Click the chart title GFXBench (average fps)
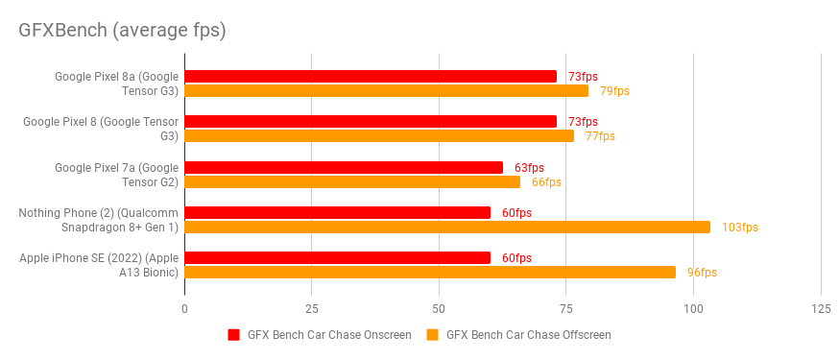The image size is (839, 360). pos(122,30)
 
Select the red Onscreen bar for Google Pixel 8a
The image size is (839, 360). pos(371,76)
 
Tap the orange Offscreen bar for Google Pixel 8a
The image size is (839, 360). pos(386,91)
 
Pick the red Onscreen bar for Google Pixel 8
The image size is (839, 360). pos(371,121)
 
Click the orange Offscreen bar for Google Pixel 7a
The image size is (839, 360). pos(352,181)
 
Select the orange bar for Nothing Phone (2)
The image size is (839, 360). pos(447,227)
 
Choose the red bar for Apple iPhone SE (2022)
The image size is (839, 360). pos(337,257)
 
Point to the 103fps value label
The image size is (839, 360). pos(739,228)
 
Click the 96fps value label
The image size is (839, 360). pos(702,273)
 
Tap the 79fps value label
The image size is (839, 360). pos(614,91)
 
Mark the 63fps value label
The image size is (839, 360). pos(529,167)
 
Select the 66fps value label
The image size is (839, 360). pos(546,182)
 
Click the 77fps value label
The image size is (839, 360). pos(600,136)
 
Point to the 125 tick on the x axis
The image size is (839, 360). pos(820,309)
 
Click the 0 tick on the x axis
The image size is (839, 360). pos(184,309)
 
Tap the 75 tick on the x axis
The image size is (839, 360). pos(565,309)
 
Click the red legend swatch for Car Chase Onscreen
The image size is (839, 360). pos(233,335)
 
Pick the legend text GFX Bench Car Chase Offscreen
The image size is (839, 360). pos(528,335)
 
